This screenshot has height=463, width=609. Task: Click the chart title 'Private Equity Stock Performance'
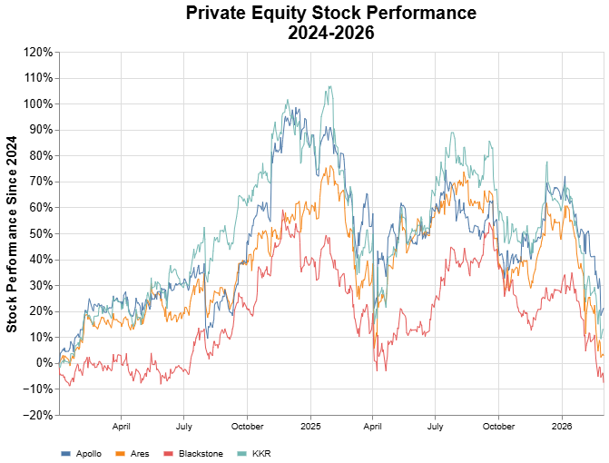330,13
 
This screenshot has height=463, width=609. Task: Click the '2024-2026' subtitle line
330,32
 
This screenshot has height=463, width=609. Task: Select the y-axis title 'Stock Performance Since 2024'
12,234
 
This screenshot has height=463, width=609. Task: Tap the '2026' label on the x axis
562,425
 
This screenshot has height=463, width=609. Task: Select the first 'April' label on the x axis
122,425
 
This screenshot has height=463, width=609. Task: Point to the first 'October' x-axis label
247,425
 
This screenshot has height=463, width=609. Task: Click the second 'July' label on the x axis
436,425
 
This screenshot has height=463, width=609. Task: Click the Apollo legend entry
82,453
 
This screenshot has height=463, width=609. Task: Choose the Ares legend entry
133,453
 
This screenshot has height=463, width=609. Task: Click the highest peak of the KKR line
329,86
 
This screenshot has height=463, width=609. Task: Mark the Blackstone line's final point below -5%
604,381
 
